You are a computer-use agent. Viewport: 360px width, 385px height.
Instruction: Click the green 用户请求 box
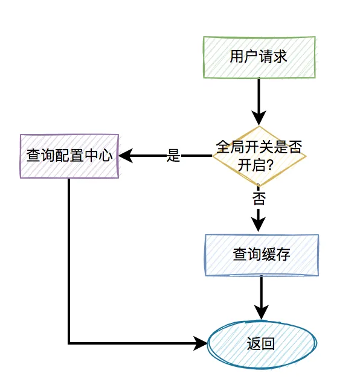259,57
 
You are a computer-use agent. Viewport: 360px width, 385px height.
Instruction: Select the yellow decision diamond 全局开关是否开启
259,156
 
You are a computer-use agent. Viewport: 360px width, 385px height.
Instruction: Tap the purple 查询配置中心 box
69,156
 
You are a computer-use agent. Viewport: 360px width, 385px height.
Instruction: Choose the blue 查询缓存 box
262,255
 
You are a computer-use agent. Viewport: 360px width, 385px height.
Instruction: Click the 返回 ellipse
262,344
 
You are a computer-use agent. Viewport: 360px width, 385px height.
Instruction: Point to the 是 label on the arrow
174,156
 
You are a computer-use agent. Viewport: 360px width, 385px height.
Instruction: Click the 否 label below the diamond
259,198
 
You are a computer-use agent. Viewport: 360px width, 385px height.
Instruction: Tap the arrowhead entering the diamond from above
259,118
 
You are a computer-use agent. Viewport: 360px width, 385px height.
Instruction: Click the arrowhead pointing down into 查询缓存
259,224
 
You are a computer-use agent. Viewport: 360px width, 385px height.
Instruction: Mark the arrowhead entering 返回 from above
262,313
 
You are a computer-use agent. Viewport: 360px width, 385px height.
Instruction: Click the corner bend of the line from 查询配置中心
69,343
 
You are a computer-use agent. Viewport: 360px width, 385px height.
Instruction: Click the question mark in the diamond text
272,165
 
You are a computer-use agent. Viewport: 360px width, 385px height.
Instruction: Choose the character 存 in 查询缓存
283,255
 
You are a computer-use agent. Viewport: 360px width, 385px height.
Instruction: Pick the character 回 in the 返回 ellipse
269,344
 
